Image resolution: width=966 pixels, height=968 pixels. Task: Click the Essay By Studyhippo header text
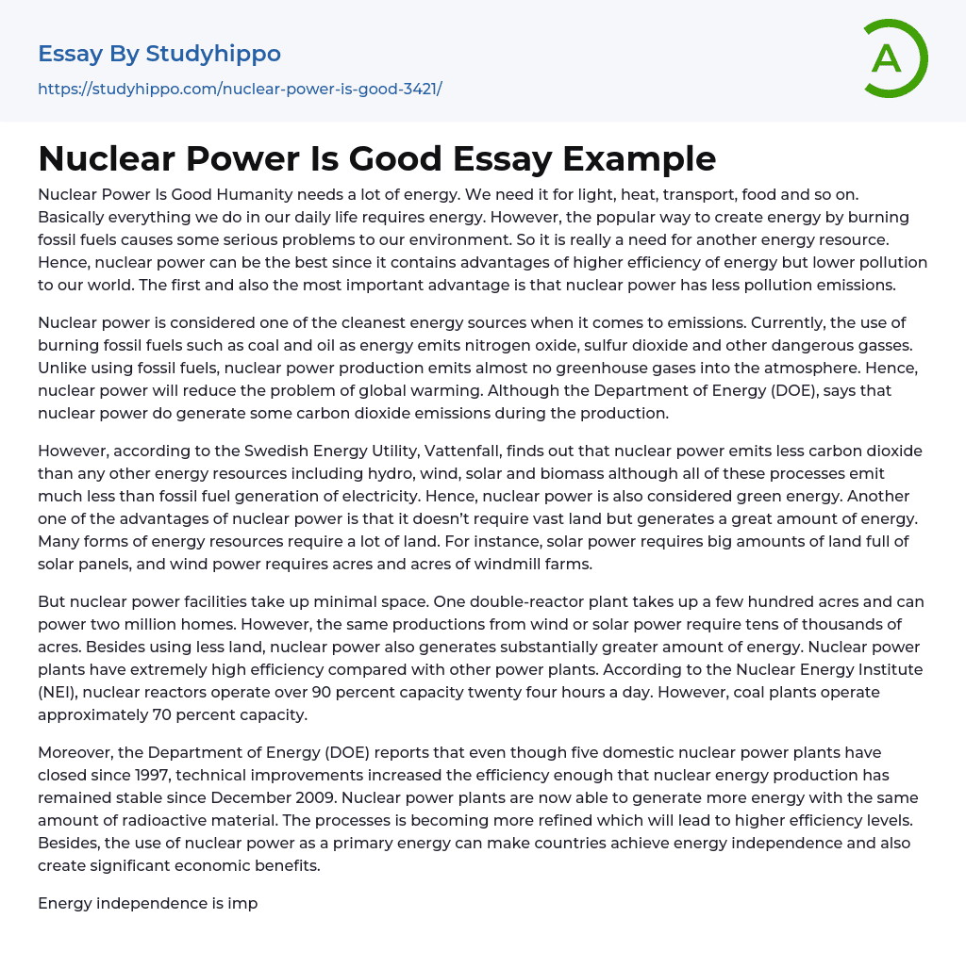pos(159,54)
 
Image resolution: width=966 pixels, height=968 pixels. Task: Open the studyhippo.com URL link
pos(240,89)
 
